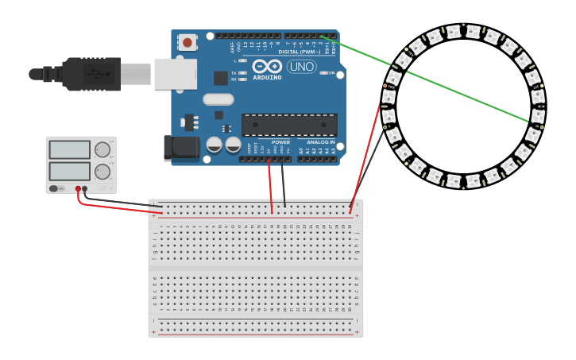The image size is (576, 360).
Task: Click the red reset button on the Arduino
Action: pos(187,42)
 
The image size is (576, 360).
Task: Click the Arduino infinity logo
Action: pos(268,67)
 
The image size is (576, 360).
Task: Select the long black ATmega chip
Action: pos(289,125)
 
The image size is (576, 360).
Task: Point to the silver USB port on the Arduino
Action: pos(175,73)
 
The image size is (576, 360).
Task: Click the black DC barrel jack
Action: pos(177,149)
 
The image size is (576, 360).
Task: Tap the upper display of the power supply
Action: pos(70,149)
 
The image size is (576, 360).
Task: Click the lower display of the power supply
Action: pos(70,171)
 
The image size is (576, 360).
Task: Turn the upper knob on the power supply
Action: pos(102,149)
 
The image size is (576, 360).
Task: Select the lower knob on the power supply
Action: pos(102,172)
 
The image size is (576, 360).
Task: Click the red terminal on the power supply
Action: pos(78,189)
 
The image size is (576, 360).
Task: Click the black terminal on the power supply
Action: pos(85,189)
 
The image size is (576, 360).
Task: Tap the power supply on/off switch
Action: pos(56,188)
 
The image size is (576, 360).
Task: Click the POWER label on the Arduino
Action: pos(280,142)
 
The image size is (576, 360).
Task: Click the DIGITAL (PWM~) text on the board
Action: pos(300,52)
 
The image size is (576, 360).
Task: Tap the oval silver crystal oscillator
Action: pos(218,99)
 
